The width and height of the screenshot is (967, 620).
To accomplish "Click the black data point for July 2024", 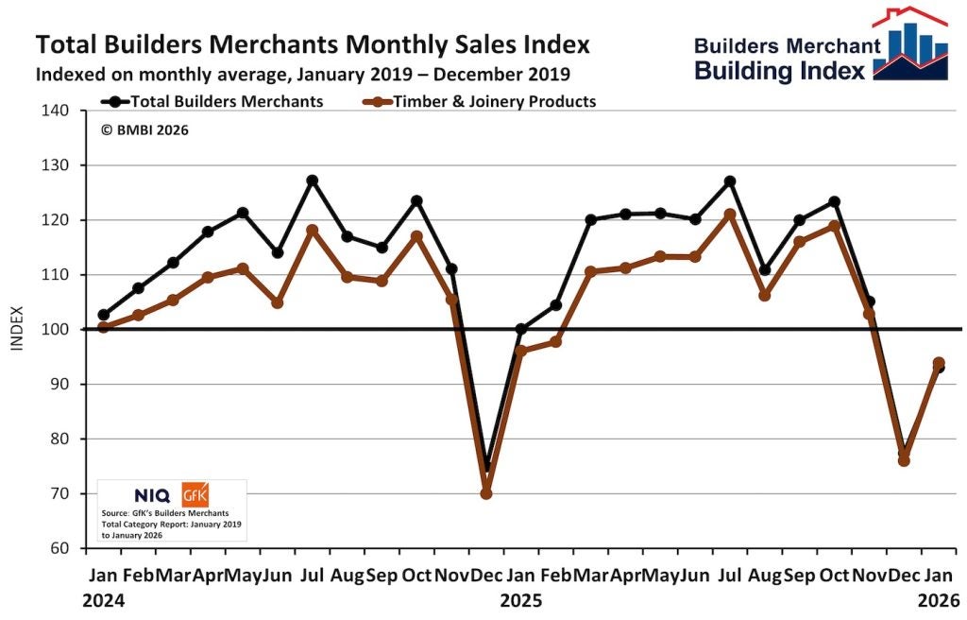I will click(313, 180).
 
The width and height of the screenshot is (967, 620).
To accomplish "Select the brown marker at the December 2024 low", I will click(486, 493).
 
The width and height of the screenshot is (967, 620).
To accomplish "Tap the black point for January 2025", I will click(521, 330).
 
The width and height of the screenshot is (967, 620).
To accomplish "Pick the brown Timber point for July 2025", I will click(730, 215).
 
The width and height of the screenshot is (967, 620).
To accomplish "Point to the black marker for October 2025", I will click(834, 201).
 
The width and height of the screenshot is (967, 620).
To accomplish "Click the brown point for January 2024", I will click(104, 327).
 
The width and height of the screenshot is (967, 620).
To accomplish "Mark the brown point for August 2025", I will click(765, 296).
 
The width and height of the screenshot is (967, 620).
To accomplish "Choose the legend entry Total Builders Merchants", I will click(216, 101).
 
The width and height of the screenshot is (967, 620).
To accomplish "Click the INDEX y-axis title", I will click(15, 330).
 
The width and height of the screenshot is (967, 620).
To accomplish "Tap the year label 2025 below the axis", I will click(520, 600).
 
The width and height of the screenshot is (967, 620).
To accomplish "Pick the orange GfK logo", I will click(195, 493).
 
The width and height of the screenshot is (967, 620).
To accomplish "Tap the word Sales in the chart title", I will click(416, 44).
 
